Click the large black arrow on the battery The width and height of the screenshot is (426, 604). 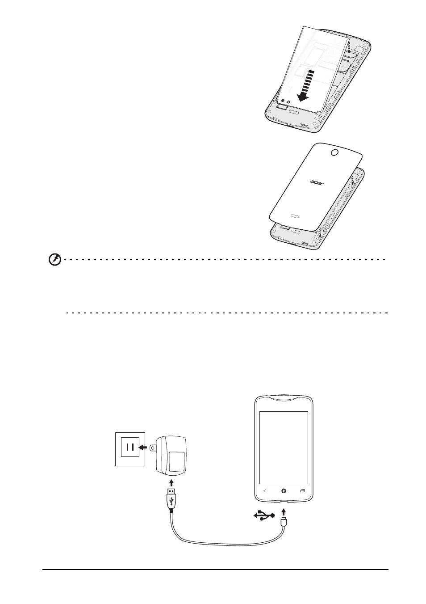(305, 86)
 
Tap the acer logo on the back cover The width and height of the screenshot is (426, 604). (317, 182)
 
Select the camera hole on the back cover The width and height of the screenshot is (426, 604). (334, 152)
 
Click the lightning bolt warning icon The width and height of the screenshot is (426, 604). (54, 260)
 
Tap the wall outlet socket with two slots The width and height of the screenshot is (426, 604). (130, 447)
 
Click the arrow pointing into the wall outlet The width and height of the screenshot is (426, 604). (142, 448)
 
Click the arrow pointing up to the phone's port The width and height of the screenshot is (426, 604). (283, 512)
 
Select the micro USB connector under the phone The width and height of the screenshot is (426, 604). (283, 521)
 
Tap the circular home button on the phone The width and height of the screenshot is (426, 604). (284, 491)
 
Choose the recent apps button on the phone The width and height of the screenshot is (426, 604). (302, 491)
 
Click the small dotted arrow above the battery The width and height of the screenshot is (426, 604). (349, 46)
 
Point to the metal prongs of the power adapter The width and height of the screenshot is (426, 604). (153, 448)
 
